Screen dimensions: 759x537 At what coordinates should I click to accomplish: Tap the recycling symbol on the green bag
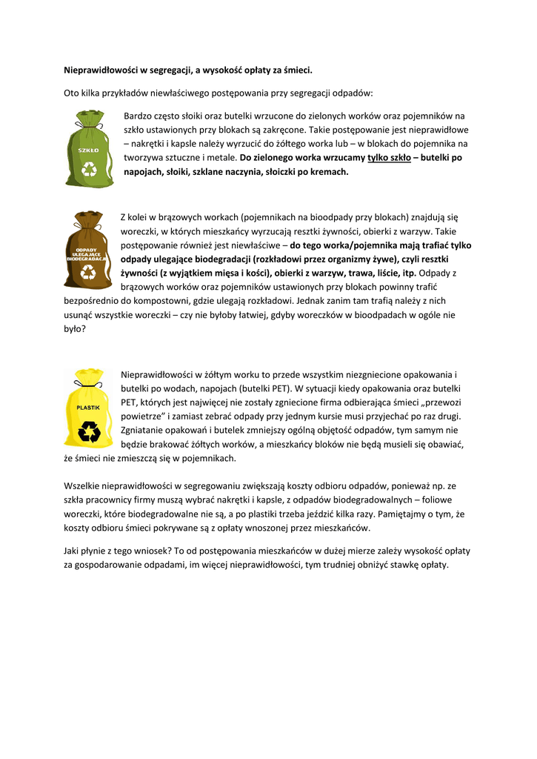(90, 169)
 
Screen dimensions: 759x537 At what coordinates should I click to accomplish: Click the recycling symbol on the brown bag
(88, 272)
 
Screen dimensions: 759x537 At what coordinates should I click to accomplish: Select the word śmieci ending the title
(298, 70)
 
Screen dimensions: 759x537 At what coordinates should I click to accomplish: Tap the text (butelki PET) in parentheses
(267, 388)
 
